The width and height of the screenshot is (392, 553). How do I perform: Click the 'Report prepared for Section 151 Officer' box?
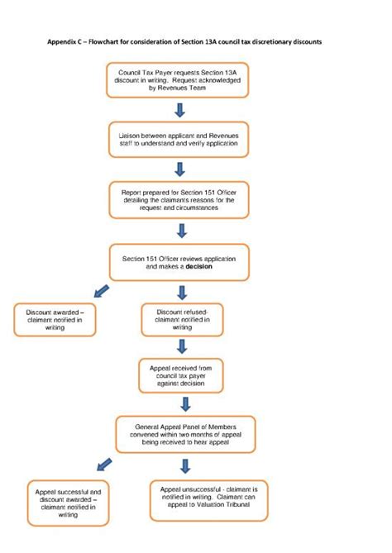coord(179,199)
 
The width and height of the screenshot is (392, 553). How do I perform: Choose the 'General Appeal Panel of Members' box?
coord(185,433)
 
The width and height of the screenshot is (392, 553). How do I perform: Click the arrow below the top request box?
coord(179,112)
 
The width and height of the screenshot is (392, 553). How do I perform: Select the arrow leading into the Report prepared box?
coord(179,169)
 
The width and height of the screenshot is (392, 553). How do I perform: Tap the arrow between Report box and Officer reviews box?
coord(182,231)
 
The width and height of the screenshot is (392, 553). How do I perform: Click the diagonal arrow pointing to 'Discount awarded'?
coord(101,292)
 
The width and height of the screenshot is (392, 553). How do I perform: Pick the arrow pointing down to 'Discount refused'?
coord(182,292)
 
